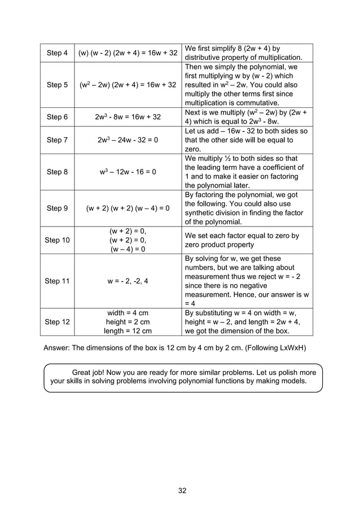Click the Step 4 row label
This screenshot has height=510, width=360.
tap(57, 53)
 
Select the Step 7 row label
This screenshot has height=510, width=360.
tap(57, 140)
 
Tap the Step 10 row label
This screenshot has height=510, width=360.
tap(57, 240)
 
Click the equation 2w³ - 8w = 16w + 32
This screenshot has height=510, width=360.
tap(128, 117)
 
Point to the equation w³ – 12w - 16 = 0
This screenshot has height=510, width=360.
tap(128, 172)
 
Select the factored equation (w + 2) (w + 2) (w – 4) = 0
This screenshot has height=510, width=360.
tap(128, 208)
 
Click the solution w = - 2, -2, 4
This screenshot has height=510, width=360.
tap(128, 281)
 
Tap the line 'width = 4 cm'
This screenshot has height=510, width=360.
tap(128, 312)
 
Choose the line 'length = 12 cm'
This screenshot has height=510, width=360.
tap(128, 331)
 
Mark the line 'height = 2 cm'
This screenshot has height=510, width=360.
tap(128, 321)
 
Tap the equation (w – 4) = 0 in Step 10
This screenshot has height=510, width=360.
tap(128, 249)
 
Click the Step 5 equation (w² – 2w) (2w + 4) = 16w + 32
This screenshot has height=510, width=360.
tap(128, 85)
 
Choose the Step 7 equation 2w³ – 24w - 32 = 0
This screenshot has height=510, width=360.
tap(128, 140)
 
